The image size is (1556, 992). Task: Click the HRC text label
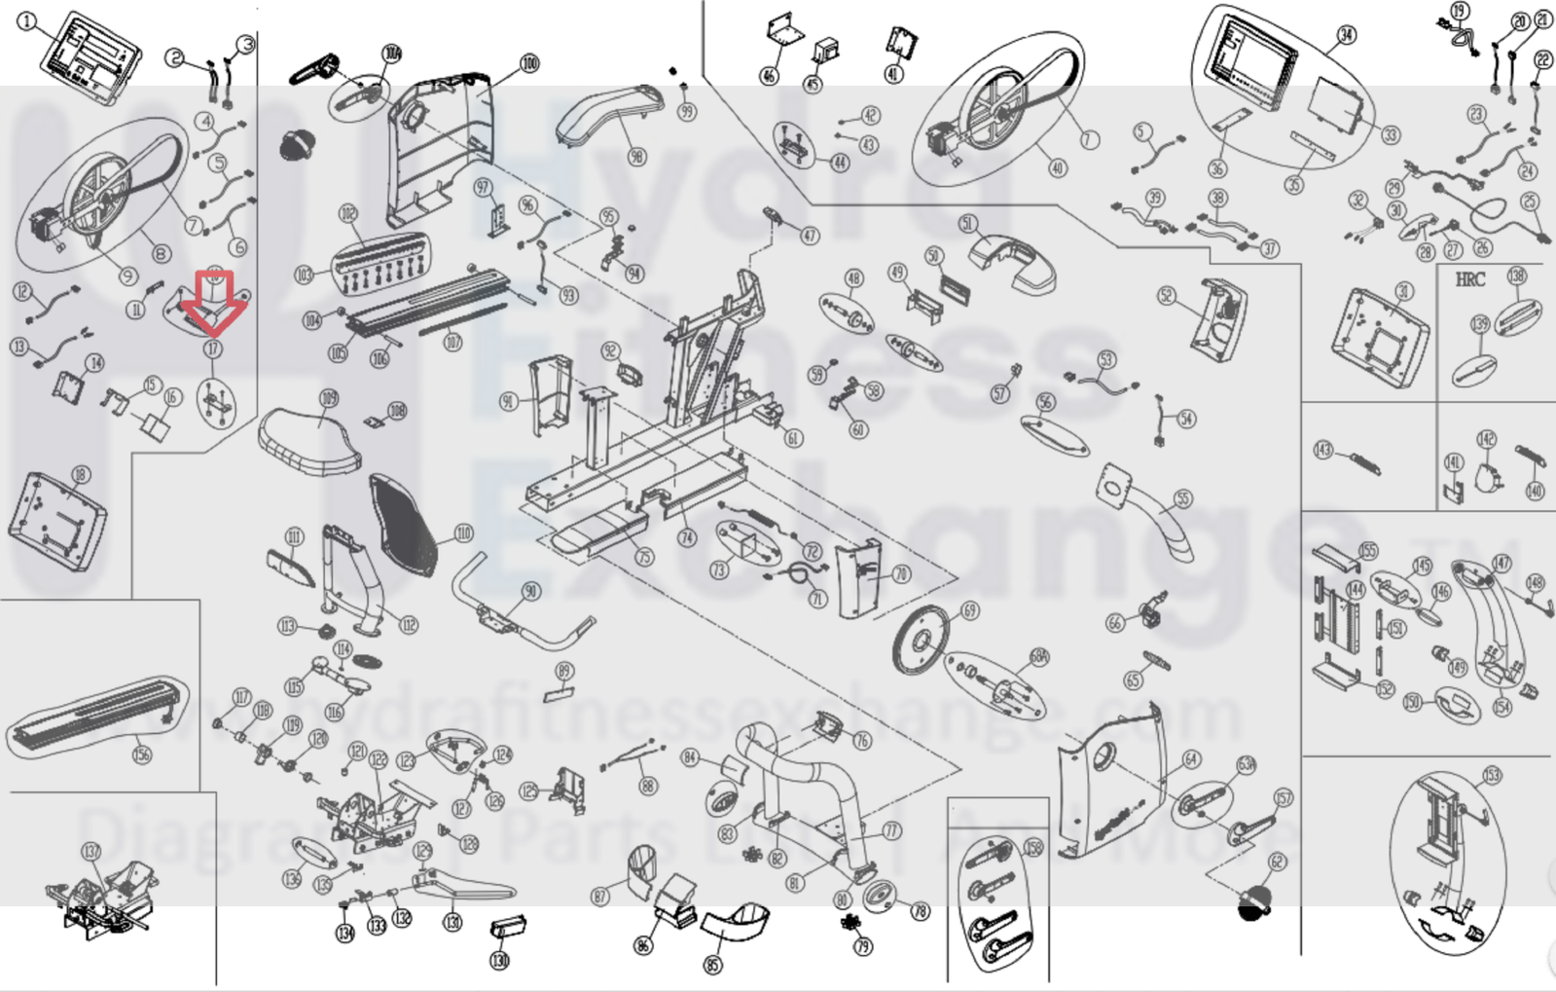1469,279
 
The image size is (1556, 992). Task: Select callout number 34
1346,36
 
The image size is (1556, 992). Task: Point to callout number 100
528,63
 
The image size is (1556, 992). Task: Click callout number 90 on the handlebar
530,592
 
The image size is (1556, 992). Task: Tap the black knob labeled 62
1254,903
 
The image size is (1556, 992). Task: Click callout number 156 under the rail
142,753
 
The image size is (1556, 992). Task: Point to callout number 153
1492,775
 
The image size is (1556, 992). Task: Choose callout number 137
90,852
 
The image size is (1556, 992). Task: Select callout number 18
80,474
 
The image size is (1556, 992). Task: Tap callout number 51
967,224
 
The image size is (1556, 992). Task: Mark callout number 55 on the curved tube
1182,499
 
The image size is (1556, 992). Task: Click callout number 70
901,574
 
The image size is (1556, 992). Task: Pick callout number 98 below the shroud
636,158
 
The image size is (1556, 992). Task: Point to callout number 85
713,966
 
